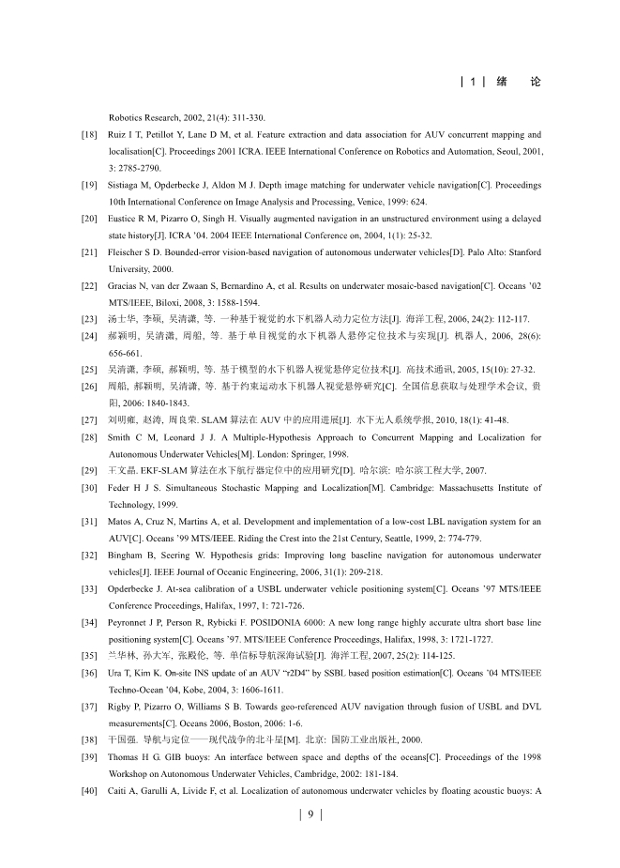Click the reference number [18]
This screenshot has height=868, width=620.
click(91, 135)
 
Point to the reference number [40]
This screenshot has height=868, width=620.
click(91, 768)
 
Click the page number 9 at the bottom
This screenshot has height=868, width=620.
click(310, 815)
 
